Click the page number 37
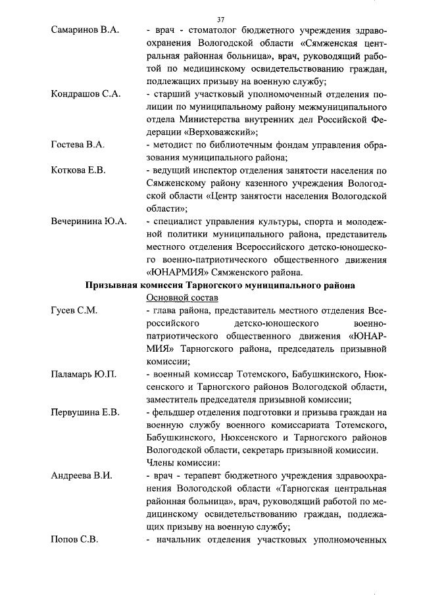tap(220, 18)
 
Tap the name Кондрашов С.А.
tap(86, 94)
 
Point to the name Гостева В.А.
tap(78, 144)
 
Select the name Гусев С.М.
tap(74, 311)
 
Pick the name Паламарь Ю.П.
tap(84, 375)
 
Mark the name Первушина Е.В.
tap(85, 412)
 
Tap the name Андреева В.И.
tap(82, 475)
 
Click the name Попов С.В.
tap(74, 540)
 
